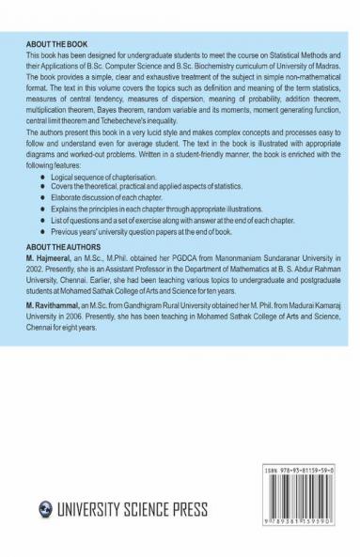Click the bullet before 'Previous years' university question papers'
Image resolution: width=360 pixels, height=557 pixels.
coord(62,230)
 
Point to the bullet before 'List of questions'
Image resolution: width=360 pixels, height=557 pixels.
coord(62,220)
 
